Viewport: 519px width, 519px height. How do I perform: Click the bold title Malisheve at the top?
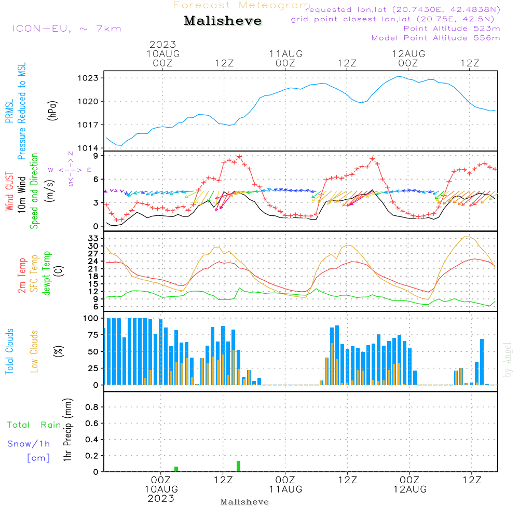[223, 21]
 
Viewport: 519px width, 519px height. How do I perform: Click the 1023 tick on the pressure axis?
[88, 78]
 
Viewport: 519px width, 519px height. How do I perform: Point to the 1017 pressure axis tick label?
[88, 125]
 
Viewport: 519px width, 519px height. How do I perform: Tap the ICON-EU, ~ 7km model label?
[67, 29]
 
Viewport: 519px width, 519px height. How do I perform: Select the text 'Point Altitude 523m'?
[452, 29]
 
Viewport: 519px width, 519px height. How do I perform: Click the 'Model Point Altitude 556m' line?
[435, 38]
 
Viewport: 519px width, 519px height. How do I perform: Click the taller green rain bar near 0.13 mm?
[238, 466]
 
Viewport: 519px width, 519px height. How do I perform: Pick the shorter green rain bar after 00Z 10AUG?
[176, 469]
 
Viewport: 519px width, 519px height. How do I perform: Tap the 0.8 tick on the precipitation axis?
[92, 407]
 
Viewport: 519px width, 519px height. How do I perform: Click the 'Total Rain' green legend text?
[34, 425]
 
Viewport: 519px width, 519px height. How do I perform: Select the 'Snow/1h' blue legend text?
[29, 444]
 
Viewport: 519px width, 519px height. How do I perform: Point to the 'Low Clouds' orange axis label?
[34, 351]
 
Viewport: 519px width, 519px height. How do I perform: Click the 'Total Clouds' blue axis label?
[9, 351]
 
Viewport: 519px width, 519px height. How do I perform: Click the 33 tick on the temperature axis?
[93, 238]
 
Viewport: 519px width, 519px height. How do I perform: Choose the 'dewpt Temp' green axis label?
[46, 274]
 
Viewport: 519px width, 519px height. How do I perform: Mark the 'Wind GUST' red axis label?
[9, 191]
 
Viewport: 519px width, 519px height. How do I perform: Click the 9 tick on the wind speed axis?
[96, 156]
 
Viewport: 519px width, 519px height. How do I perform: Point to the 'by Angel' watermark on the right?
[508, 360]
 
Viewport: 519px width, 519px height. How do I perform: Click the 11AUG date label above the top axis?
[285, 54]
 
